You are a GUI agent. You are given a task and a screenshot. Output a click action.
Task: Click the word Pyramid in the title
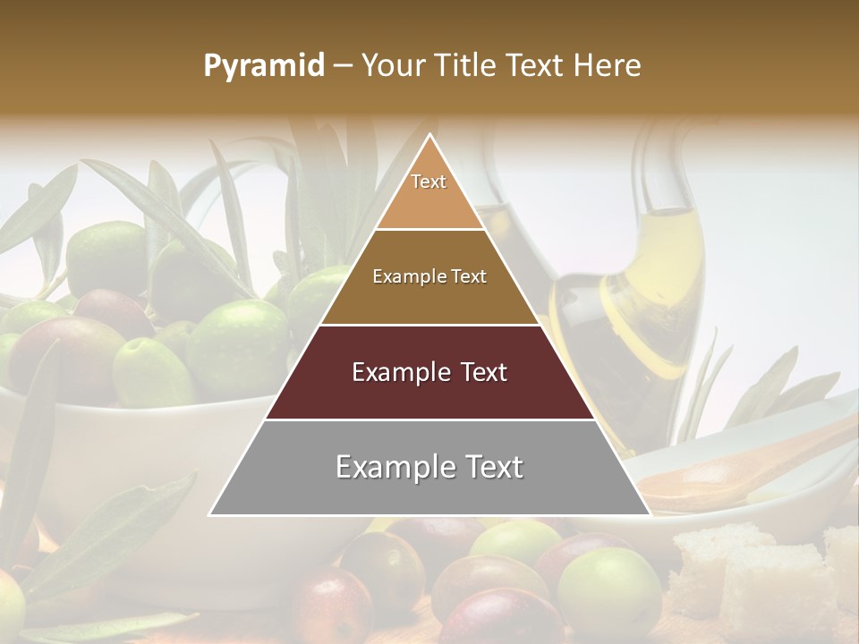coord(263,66)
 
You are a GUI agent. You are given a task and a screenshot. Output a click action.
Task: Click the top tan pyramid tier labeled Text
coord(429,192)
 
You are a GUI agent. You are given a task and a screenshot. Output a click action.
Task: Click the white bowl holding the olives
coord(134,447)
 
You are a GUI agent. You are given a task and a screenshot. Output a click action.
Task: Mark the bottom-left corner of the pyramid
coord(210,514)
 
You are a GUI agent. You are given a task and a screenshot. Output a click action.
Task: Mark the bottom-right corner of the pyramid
coord(650,514)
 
